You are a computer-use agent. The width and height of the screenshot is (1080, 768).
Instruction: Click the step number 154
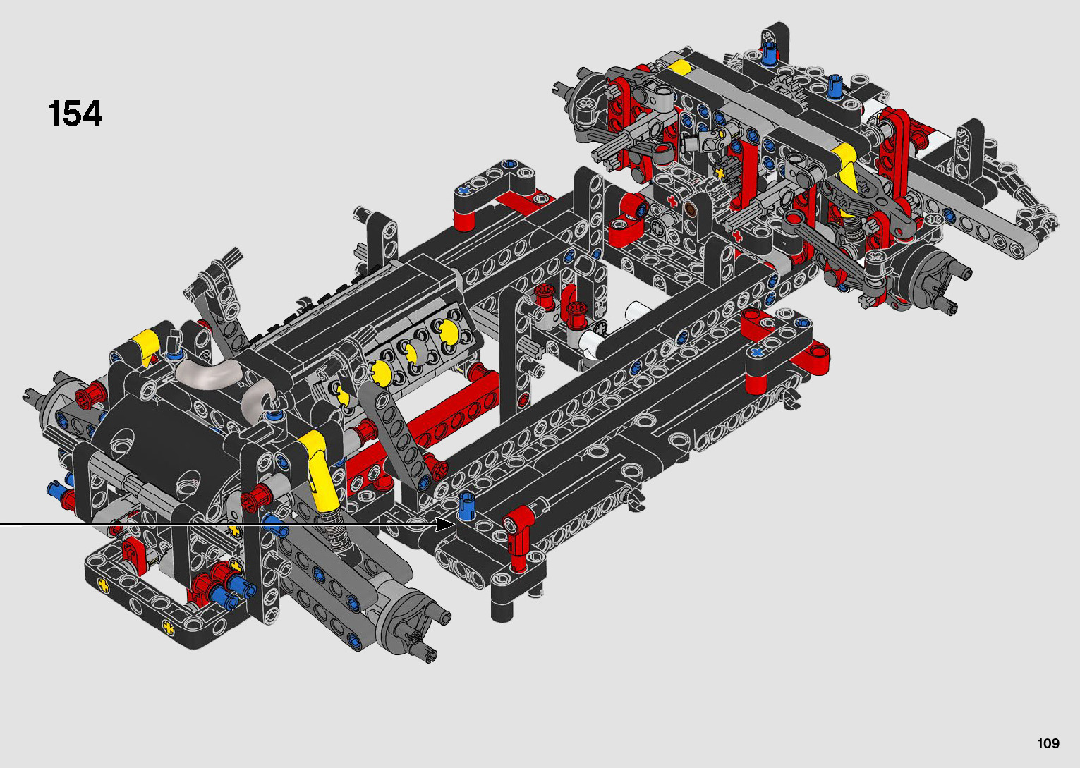(75, 114)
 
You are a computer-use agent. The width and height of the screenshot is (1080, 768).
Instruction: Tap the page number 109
(1048, 743)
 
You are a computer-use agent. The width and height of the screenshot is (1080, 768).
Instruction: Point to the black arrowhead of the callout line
(445, 524)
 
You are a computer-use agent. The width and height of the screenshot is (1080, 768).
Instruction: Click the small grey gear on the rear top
(780, 86)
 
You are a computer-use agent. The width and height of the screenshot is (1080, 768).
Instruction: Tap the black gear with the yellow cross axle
(722, 171)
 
